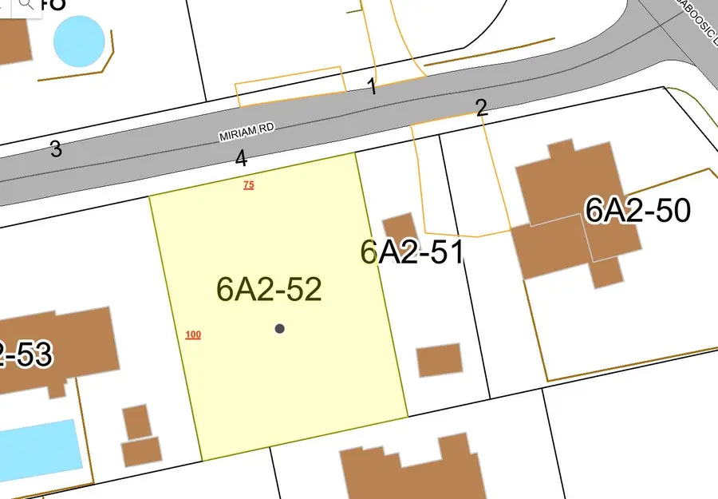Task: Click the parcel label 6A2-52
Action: [x=269, y=289]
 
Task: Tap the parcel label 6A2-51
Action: [x=412, y=252]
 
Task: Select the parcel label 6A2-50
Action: [x=637, y=211]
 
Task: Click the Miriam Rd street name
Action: [x=247, y=133]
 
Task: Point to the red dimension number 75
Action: [x=248, y=185]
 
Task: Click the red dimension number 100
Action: [x=192, y=335]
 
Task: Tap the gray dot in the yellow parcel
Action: [x=279, y=328]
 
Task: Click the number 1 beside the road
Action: [x=372, y=87]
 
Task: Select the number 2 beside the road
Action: [x=481, y=109]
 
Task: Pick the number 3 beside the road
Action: [x=56, y=149]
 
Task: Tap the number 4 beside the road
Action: [x=241, y=159]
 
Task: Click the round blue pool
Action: [x=79, y=40]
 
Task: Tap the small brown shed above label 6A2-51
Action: [x=399, y=228]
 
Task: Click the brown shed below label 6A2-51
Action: [x=440, y=360]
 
